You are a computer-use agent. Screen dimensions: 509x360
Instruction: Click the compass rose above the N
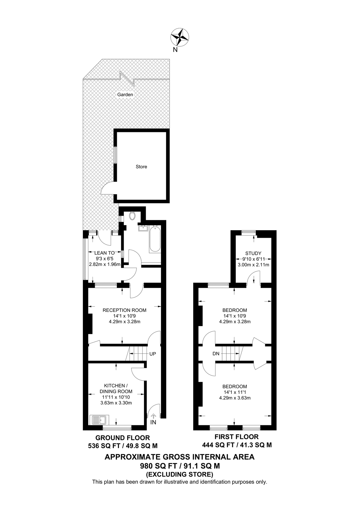tap(179, 37)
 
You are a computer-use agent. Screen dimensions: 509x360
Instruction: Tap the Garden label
tap(125, 95)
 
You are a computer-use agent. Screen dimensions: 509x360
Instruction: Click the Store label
tap(141, 167)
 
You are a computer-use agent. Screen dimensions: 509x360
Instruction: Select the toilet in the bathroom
tap(132, 216)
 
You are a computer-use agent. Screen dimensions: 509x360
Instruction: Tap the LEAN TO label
tap(104, 253)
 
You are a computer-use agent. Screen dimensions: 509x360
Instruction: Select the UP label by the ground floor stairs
tap(153, 354)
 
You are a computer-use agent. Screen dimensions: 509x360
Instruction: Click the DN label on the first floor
tap(216, 353)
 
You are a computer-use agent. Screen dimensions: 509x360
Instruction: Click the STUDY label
tap(253, 253)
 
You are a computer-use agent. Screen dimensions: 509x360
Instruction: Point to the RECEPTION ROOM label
tap(124, 310)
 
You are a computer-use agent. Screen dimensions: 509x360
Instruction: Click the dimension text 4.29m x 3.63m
tap(235, 398)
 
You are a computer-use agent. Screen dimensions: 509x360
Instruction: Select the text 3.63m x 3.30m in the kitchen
tap(116, 403)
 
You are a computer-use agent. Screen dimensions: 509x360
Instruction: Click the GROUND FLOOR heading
tap(123, 438)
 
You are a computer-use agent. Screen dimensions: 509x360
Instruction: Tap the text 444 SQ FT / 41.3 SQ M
tap(237, 445)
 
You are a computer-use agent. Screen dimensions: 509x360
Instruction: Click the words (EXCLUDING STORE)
tap(179, 474)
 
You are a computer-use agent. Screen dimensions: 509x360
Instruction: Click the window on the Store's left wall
tap(115, 155)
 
